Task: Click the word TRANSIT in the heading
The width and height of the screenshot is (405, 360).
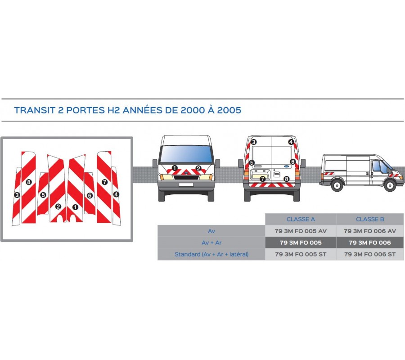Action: coord(34,110)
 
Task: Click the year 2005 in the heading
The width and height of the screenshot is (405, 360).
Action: coord(229,110)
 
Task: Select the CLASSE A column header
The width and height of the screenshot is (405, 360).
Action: coord(301,219)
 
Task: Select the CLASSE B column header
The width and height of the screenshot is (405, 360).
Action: coord(370,219)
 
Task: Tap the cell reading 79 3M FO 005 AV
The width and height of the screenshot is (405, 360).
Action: coord(301,231)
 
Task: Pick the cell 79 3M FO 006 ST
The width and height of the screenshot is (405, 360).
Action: coord(370,254)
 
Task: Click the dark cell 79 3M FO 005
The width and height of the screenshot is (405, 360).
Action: coord(301,243)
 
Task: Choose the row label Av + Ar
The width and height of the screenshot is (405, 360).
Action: coord(211,243)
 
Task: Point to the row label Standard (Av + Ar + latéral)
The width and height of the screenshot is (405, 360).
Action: coord(211,254)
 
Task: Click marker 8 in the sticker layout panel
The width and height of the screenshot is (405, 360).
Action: coord(29,182)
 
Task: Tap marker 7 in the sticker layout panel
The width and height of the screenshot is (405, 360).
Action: coord(104,182)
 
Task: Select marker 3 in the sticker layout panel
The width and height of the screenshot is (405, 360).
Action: coord(17,195)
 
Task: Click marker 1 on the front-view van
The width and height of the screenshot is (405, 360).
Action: coord(175,168)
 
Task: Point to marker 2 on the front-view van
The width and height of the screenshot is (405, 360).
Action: coord(198,168)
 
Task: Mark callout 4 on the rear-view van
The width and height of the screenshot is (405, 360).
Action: coord(291,142)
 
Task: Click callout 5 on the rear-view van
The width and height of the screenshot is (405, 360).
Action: coord(252,163)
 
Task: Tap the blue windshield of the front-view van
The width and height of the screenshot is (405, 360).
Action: coord(186,154)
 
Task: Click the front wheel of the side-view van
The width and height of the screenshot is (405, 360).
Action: coord(390,185)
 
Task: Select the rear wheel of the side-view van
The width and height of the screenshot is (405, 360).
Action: coord(337,185)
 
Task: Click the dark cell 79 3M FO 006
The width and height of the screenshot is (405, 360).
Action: coord(370,243)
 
